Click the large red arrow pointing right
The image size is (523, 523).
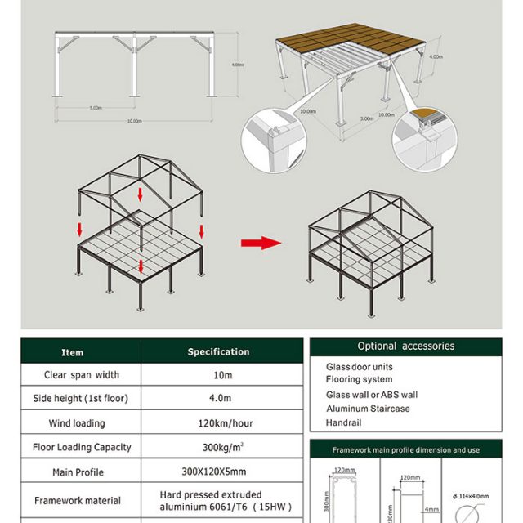point(261,243)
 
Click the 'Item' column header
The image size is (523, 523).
point(73,352)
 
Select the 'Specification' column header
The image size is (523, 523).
point(218,351)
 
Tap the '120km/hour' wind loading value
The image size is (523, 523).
point(218,422)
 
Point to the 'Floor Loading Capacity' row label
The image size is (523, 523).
point(78,447)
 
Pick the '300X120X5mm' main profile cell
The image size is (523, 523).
point(218,472)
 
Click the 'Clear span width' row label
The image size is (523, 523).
point(81,375)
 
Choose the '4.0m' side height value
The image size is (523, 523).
point(218,399)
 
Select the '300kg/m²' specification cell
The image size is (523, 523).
point(218,447)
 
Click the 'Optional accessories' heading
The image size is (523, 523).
point(406,346)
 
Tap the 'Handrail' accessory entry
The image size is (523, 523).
point(343,422)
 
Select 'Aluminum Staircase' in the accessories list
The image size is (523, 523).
point(368,409)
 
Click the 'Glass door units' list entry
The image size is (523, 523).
point(360,368)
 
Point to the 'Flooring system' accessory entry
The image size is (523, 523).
point(359,380)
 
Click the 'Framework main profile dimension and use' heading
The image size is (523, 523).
point(406,450)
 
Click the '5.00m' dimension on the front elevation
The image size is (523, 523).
point(96,107)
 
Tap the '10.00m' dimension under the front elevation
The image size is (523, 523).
point(135,121)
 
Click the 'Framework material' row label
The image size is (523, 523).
point(78,500)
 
